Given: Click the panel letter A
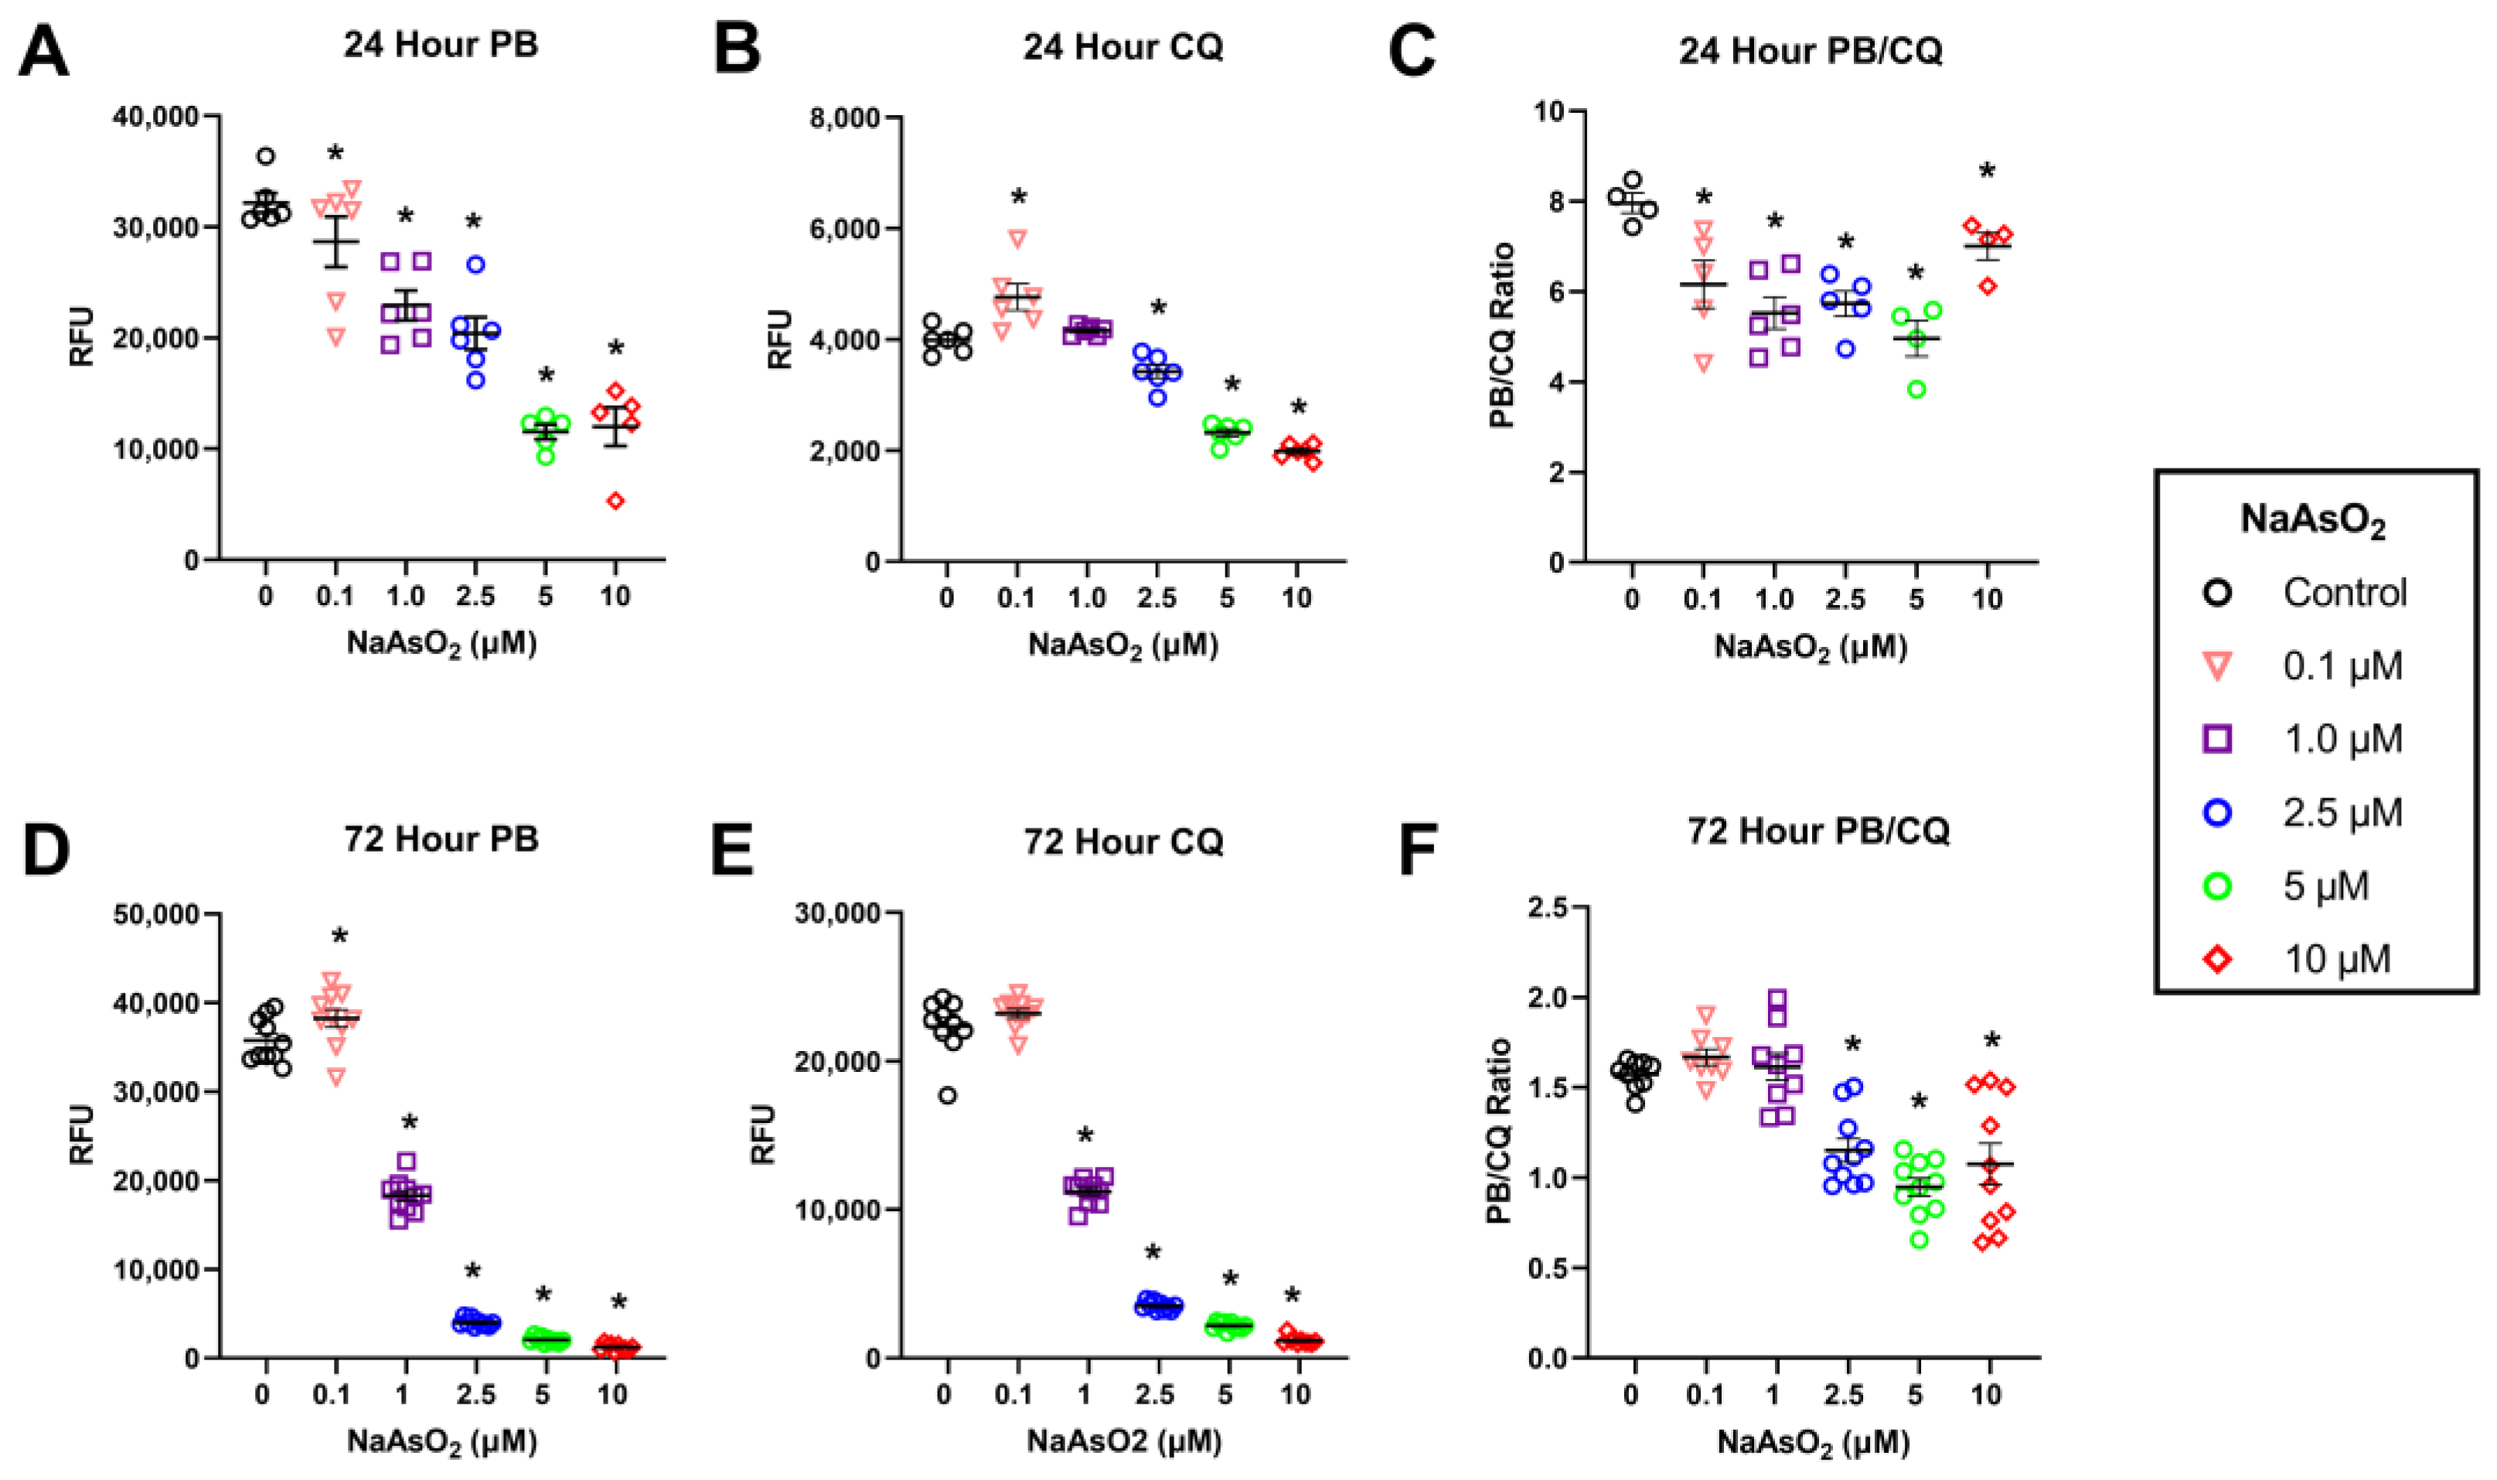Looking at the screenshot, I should [x=43, y=52].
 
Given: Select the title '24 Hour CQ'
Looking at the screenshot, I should [x=1122, y=47].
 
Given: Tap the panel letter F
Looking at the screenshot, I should [x=1416, y=849].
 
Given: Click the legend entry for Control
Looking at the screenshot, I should [x=2345, y=593].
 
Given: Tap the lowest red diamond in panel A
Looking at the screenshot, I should [x=616, y=501].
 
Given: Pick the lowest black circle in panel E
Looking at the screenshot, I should [x=948, y=1095].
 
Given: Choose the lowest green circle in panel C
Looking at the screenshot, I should [x=1916, y=389].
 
